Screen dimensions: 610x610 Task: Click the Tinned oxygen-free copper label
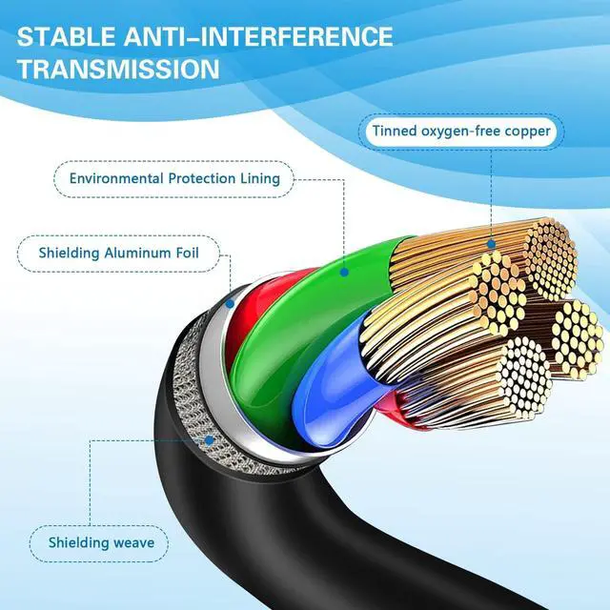462,131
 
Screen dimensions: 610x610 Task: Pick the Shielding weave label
101,544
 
